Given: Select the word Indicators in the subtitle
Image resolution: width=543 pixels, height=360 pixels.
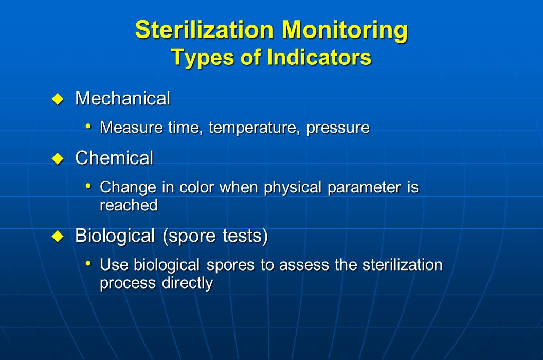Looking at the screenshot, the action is (319, 57).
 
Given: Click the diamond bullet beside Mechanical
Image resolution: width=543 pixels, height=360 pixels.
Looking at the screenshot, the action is (58, 99).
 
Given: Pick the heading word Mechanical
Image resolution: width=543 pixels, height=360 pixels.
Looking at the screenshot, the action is (122, 98).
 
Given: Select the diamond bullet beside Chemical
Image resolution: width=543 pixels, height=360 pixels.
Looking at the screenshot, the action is (58, 159).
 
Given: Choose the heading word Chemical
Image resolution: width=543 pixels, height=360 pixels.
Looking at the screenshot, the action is (114, 158).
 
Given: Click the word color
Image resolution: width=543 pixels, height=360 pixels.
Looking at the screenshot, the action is (197, 187).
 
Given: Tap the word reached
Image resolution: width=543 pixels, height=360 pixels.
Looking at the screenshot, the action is (129, 205).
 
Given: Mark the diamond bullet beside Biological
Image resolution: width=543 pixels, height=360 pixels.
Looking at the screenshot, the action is (58, 237).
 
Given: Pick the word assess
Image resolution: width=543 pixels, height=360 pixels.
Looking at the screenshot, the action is (304, 265).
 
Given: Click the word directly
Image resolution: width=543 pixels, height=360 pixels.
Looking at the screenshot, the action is (187, 283).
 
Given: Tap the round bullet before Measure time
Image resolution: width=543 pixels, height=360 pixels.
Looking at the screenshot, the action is (88, 127).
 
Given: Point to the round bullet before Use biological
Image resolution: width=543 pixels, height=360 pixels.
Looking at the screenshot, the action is (88, 264).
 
